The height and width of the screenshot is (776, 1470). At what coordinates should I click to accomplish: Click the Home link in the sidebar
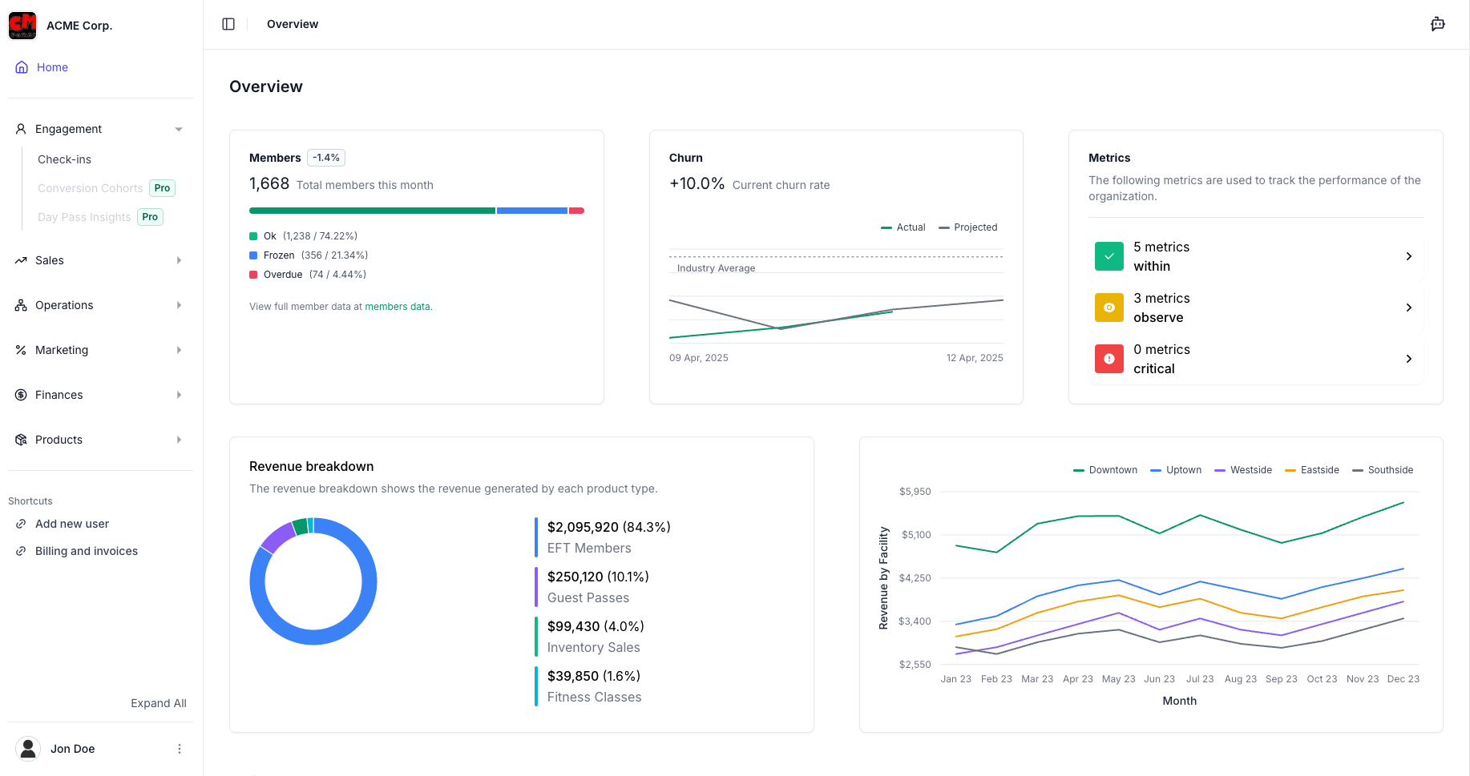(52, 67)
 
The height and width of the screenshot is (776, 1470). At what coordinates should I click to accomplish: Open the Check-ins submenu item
(64, 159)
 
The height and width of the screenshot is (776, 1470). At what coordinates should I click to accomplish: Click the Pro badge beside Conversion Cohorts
(162, 188)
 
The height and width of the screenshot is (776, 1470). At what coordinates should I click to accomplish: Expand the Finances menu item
(59, 395)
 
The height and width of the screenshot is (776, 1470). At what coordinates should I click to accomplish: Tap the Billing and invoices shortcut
(86, 551)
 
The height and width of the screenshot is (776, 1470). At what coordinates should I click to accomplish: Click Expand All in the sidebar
(158, 703)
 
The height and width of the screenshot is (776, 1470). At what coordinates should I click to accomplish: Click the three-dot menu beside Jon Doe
(180, 749)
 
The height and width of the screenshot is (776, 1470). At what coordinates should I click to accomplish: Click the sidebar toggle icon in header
(228, 24)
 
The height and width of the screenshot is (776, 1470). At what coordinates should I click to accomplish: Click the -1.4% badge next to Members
(326, 158)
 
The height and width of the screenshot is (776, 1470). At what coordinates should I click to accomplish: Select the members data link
(397, 307)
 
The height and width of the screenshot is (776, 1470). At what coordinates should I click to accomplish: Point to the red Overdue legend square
(253, 275)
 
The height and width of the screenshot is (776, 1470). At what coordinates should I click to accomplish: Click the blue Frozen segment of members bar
(531, 211)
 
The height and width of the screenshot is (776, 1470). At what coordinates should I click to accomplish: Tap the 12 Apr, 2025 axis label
(974, 358)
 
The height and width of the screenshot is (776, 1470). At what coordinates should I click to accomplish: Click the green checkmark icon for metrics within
(1109, 256)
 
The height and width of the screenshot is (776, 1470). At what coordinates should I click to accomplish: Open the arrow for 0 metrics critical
(1408, 359)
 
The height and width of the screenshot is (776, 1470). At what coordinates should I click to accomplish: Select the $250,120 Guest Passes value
(597, 577)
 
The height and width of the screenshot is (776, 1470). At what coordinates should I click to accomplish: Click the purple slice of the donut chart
(277, 537)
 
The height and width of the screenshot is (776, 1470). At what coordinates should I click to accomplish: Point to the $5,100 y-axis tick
(915, 535)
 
